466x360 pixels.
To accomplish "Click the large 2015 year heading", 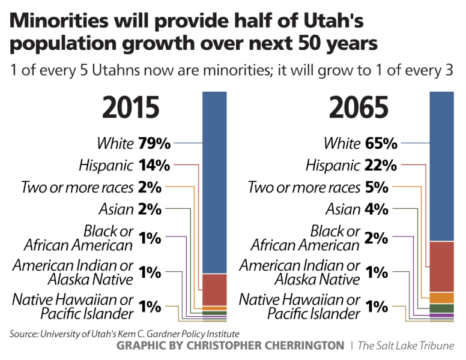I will pos(131,109).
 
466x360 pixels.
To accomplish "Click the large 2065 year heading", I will pos(359,109).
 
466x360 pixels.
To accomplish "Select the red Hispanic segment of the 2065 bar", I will pos(441,266).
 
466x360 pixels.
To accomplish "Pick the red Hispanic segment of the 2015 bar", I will pos(214,290).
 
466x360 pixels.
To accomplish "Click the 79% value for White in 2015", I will pos(154,144).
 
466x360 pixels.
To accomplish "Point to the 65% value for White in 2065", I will pos(381,144).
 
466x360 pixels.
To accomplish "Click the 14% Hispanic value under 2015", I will pos(154,165).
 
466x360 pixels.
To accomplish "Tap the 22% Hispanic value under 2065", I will pos(381,165).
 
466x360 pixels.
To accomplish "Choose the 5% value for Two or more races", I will pos(377,187).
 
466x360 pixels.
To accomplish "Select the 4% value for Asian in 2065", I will pos(377,209).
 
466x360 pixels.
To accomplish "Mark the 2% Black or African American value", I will pos(377,238).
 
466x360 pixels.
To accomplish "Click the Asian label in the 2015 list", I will pos(115,209).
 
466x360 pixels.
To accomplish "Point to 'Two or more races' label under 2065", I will pos(304,187).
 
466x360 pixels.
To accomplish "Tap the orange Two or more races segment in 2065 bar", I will pos(441,298).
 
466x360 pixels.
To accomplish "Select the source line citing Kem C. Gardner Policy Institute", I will pos(124,334).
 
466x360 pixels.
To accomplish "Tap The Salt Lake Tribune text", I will pos(406,346).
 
